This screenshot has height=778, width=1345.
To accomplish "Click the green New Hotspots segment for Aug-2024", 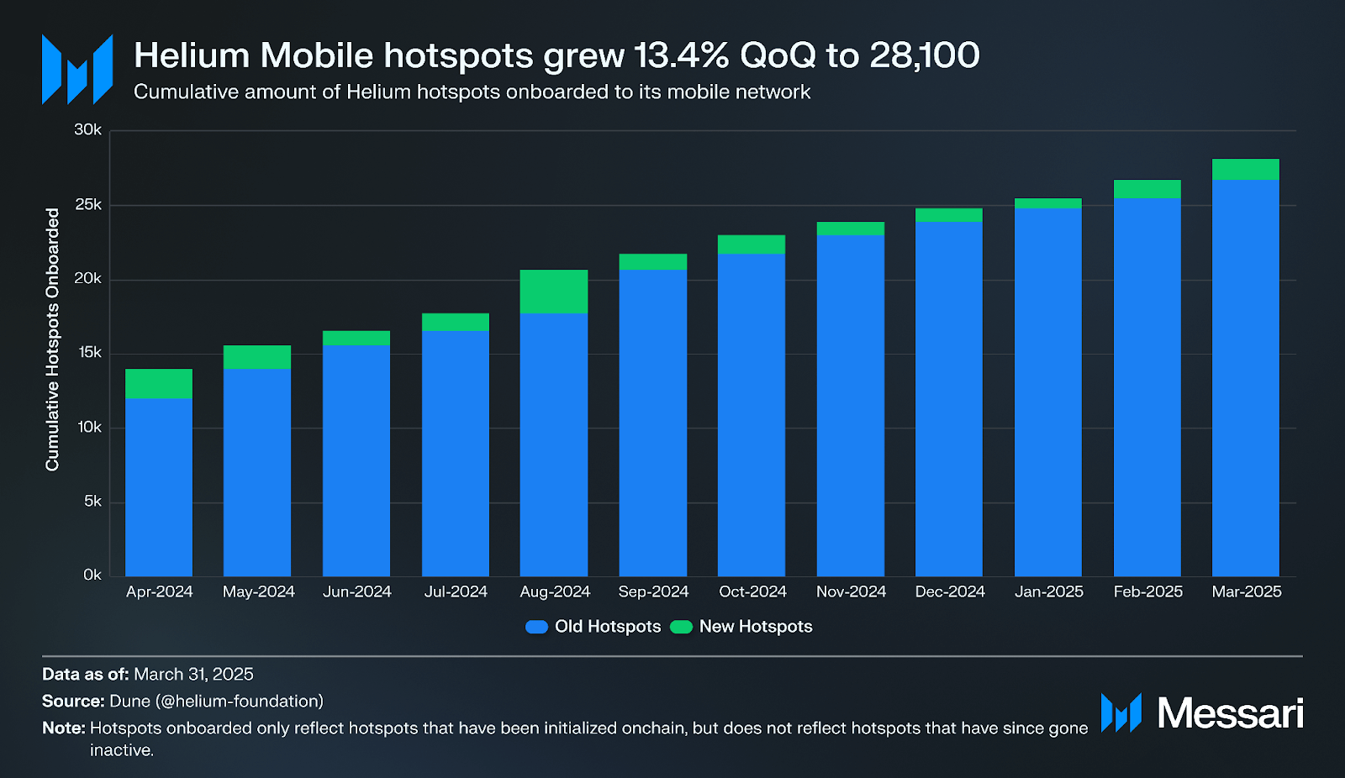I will tap(553, 292).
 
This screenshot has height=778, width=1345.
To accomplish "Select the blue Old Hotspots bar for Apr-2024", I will tap(159, 487).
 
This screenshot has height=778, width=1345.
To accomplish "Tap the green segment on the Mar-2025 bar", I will tap(1245, 169).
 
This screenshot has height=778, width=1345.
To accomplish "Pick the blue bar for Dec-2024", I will tap(948, 399).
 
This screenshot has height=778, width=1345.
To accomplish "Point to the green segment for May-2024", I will tap(257, 357).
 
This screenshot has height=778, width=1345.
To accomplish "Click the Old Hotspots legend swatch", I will tap(536, 627).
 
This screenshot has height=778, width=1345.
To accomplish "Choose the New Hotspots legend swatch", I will tap(681, 627).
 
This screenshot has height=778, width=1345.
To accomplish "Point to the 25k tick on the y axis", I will tap(88, 205).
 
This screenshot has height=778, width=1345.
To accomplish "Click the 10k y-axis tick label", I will tap(89, 428).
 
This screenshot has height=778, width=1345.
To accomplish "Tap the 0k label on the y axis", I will tap(92, 576).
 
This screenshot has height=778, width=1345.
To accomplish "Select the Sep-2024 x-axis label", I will tap(653, 591).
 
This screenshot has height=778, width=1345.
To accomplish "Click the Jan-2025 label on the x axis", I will tap(1048, 591).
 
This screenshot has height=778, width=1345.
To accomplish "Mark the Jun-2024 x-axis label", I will tap(356, 591).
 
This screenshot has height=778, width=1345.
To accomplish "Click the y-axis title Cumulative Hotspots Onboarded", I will tap(52, 339).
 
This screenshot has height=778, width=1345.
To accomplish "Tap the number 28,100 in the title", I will tap(925, 56).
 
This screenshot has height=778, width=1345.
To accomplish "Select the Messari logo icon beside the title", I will tap(77, 70).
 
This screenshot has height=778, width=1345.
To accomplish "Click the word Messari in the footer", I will tap(1230, 713).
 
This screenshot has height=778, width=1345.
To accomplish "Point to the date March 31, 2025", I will tap(193, 675).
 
